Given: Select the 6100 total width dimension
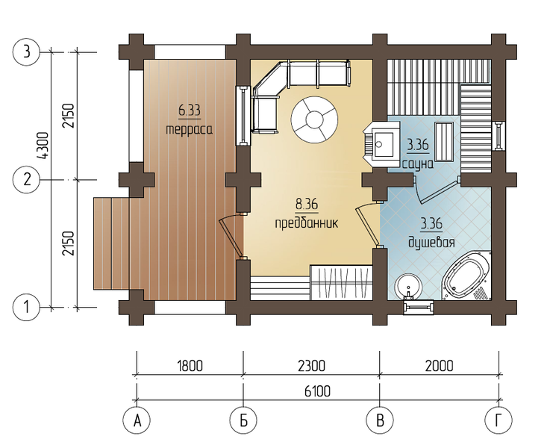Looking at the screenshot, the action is pos(317,391).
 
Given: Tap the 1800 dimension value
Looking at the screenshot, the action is pos(190,366).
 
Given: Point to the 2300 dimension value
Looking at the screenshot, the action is pos(311,366).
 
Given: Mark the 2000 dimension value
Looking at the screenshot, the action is pos(439,366).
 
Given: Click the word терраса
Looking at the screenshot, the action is pos(189,129).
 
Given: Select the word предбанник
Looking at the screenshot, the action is pos(307,223).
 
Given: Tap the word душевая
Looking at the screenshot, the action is pos(432,243).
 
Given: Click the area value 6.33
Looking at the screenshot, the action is pos(190,111).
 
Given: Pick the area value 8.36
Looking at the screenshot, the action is pos(307,205).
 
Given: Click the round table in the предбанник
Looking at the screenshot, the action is pos(315,119).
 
